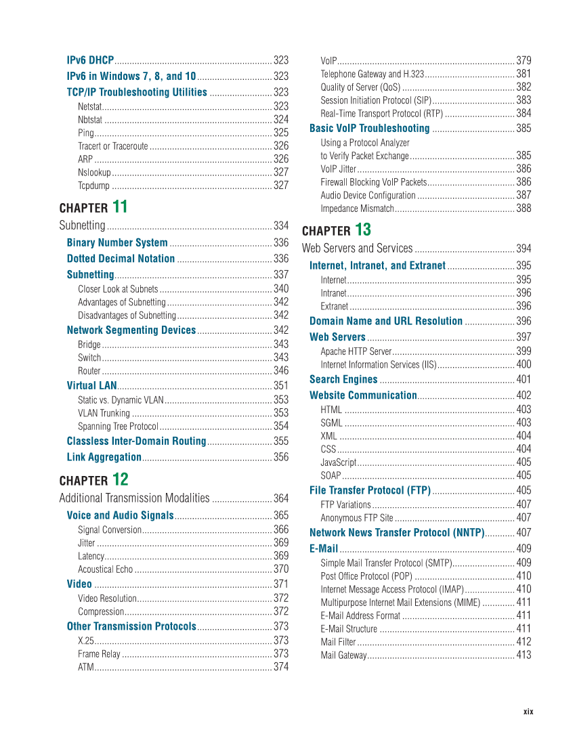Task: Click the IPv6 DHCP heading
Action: tap(90, 60)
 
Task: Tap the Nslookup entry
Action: tap(94, 172)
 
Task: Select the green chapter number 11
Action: tap(120, 207)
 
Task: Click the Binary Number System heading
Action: tap(117, 242)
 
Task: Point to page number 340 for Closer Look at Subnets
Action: tap(280, 289)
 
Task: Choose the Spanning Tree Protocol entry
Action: tap(118, 427)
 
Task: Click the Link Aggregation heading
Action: tap(104, 458)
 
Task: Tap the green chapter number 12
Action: tap(120, 479)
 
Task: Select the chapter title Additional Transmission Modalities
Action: tap(134, 498)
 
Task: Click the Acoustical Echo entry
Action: tap(106, 569)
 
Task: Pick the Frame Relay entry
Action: tap(99, 654)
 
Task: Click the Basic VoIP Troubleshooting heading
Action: tap(369, 129)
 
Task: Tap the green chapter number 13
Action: tap(362, 229)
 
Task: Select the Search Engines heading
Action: tap(343, 380)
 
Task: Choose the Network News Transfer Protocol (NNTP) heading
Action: tap(397, 533)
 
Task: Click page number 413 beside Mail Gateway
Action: tap(523, 655)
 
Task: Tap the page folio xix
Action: tap(528, 712)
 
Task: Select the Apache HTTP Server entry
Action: tap(356, 351)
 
